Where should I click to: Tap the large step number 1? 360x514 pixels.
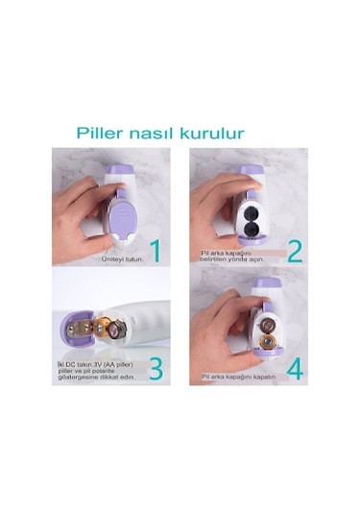[x=155, y=252]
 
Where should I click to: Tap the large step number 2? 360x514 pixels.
[x=294, y=252]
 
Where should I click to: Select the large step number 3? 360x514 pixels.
[x=156, y=370]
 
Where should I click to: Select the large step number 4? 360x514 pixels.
[x=294, y=370]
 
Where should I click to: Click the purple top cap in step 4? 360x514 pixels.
[x=264, y=288]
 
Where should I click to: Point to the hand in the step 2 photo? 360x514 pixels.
[x=213, y=197]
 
